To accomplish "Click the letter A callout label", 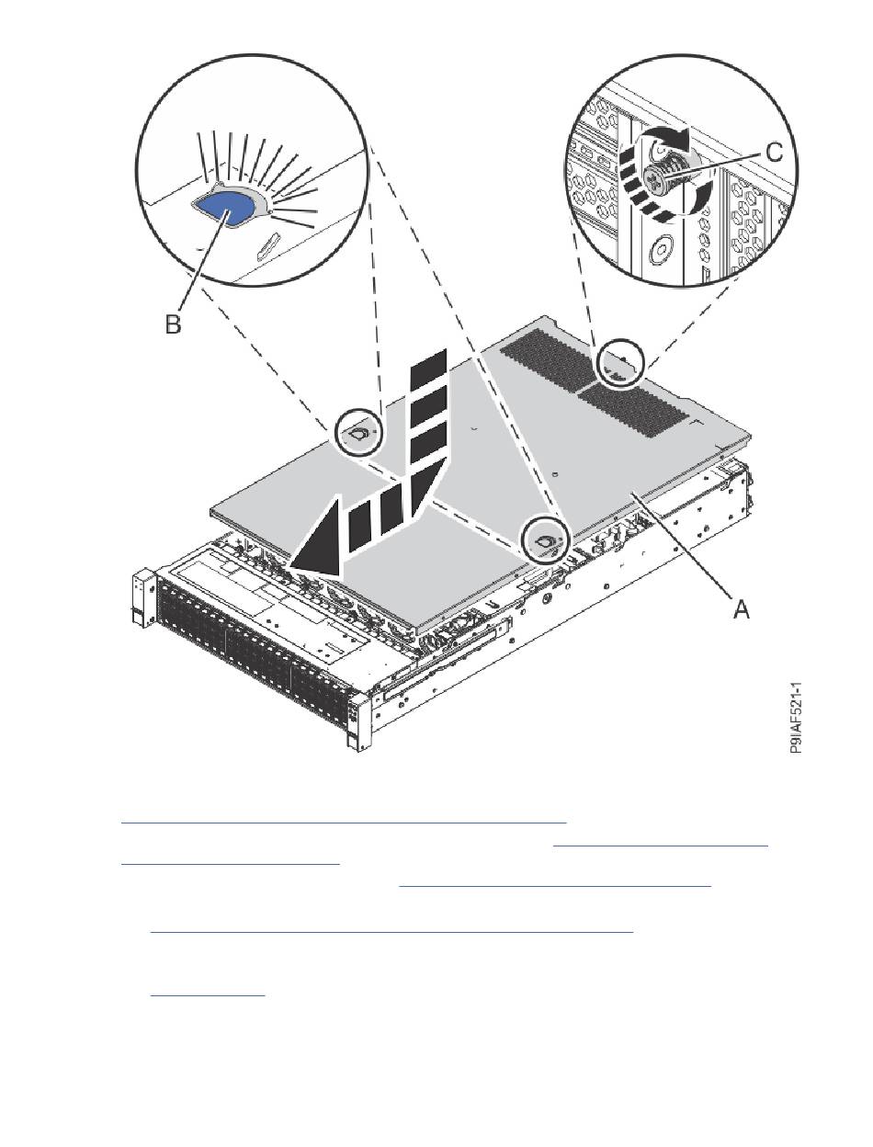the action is pos(742,608).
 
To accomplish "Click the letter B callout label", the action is pos(173,324).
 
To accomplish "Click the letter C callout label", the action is pos(774,153).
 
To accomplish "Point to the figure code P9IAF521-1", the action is pos(796,718).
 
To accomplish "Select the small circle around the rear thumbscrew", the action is pos(620,363).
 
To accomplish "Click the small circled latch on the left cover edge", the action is pos(358,433).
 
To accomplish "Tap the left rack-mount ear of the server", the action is pos(142,600).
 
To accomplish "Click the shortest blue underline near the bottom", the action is pos(208,995).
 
